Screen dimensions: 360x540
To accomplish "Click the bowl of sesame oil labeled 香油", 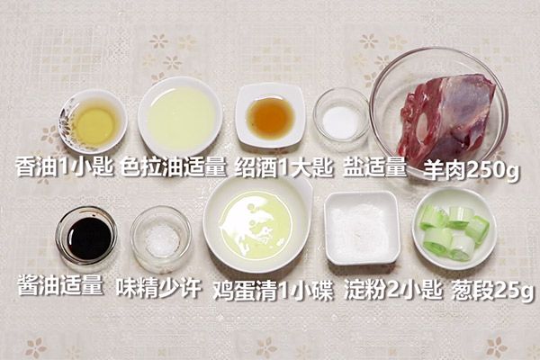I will pos(93,121).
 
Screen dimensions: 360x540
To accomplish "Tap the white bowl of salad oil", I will pos(180,117).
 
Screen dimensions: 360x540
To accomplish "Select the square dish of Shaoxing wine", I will pos(270,116).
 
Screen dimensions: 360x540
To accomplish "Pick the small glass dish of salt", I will pos(341,119).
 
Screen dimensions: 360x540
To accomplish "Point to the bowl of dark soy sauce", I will pos(86,236).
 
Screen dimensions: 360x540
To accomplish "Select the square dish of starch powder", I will pos(362,226).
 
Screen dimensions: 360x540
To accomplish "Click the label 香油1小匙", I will pos(64,167).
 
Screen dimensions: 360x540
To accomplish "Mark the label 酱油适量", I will pos(60,287).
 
